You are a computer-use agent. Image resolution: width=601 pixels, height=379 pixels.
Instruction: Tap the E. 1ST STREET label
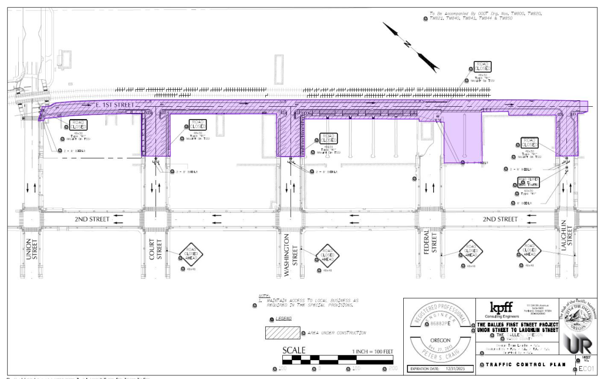coord(115,104)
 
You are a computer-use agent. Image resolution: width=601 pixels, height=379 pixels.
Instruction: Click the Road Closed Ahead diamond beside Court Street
coord(191,255)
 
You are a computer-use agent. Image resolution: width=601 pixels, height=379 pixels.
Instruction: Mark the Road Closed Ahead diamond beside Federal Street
coord(471,251)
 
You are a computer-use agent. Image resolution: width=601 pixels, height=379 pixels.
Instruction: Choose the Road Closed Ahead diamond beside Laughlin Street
coord(529,251)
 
